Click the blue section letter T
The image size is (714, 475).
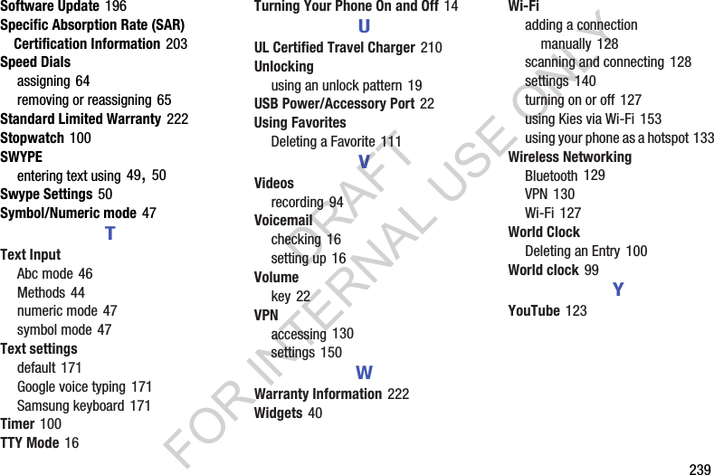point(109,234)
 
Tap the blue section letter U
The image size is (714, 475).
point(364,27)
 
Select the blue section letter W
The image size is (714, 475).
point(364,373)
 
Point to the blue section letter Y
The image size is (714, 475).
point(618,290)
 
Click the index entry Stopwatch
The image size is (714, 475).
point(33,138)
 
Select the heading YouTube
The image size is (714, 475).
point(534,310)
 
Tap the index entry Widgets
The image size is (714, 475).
point(279,413)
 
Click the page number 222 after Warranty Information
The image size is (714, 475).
point(398,394)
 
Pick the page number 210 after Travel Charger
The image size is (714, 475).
point(432,47)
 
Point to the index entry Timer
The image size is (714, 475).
point(18,423)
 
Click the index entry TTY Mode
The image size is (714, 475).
point(30,442)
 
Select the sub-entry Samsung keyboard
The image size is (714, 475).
point(71,405)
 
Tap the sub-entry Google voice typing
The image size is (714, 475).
point(71,386)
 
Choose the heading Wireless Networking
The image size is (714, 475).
point(570,157)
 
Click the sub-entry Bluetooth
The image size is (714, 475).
point(551,176)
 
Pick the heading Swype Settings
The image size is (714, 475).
point(46,194)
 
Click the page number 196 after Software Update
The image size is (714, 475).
point(116,6)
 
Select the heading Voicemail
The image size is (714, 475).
point(283,220)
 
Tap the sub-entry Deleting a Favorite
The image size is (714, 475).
point(323,141)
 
